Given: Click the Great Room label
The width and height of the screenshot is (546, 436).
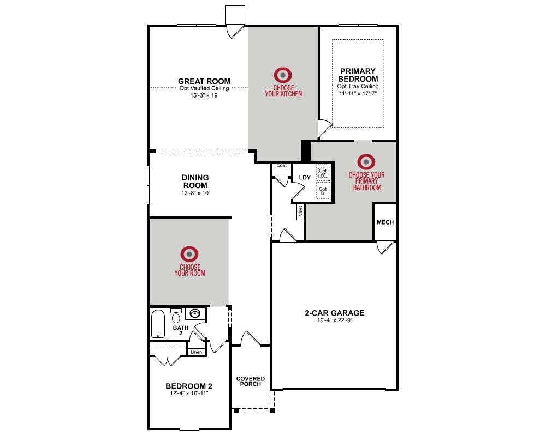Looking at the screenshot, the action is click(x=204, y=81).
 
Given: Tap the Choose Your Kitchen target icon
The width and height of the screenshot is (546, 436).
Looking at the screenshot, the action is click(x=283, y=75).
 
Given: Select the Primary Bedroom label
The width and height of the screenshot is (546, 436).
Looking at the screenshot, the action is click(x=358, y=75).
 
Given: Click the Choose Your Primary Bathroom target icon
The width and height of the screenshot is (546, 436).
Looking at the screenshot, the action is click(x=366, y=162).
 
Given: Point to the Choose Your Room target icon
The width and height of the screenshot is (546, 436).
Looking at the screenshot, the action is click(x=189, y=254).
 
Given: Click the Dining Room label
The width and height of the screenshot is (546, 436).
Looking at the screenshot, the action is click(x=195, y=181).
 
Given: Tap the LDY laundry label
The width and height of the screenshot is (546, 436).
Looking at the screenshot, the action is click(x=305, y=177).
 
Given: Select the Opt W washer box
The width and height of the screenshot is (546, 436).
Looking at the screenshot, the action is click(x=323, y=172).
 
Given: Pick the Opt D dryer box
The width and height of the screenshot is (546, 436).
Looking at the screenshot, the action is click(x=323, y=191).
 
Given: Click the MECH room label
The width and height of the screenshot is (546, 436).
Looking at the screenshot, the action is click(x=385, y=222).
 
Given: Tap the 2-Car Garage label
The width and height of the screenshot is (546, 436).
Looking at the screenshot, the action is click(x=335, y=313).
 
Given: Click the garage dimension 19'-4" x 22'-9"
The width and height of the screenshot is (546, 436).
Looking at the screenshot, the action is click(x=335, y=320).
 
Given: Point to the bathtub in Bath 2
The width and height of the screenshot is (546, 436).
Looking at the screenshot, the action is click(x=158, y=324).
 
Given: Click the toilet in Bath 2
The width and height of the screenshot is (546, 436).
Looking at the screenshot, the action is click(x=176, y=316).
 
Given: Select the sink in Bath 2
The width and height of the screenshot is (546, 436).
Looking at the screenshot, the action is click(x=194, y=313).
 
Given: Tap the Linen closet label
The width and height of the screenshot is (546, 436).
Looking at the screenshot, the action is click(x=197, y=352).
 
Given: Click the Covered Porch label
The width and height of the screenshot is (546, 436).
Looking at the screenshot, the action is click(x=251, y=381).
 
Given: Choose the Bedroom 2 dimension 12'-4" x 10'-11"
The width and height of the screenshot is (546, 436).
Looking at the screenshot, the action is click(x=189, y=393).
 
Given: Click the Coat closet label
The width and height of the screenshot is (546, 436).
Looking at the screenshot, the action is click(x=281, y=166).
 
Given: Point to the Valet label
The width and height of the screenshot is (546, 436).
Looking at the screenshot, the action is click(x=300, y=210).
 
